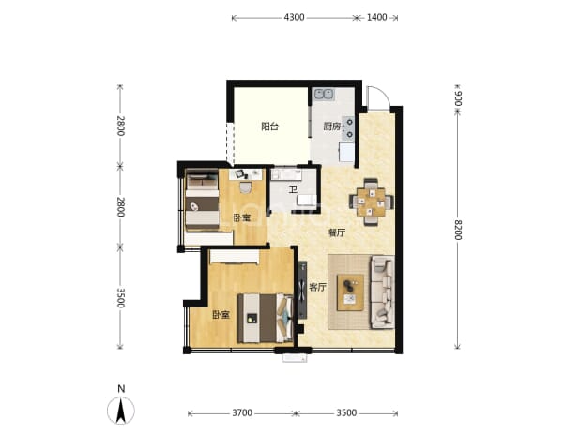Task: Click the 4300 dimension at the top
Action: [x=294, y=18]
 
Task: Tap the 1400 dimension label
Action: [x=376, y=18]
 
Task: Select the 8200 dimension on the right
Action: [x=458, y=230]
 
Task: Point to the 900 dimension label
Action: [x=458, y=97]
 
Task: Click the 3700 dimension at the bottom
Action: [x=242, y=412]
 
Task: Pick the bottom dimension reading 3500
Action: [x=346, y=412]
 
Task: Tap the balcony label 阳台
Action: [x=269, y=127]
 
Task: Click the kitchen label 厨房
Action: [x=332, y=127]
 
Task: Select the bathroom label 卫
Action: [x=293, y=190]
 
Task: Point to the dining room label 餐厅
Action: [x=337, y=232]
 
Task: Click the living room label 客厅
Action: [x=317, y=287]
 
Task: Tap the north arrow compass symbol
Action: [x=120, y=410]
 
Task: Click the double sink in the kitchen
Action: [x=324, y=95]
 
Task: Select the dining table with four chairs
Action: [x=371, y=202]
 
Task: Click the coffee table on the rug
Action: [x=350, y=292]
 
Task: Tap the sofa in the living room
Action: [x=383, y=292]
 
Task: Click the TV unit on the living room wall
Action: [x=302, y=290]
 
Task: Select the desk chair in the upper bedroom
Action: [x=245, y=187]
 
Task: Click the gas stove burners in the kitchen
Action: [x=348, y=128]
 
